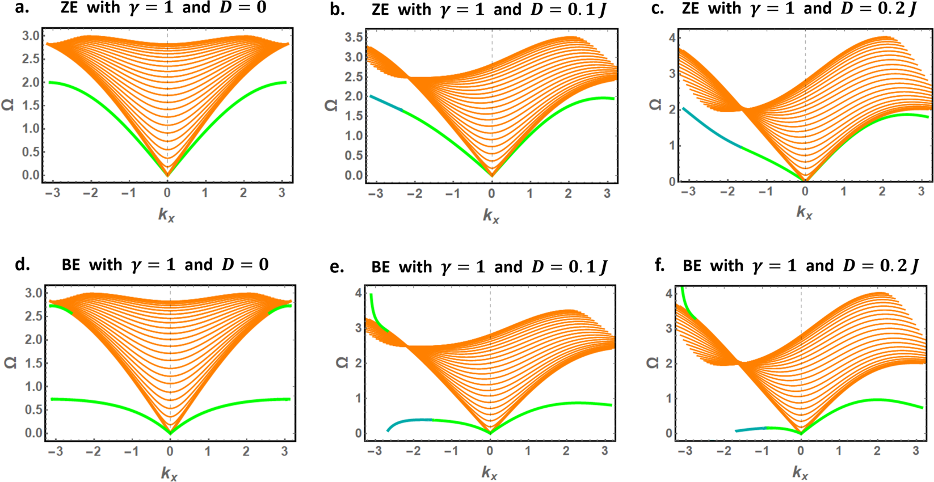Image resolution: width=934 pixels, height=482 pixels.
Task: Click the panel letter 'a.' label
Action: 21,8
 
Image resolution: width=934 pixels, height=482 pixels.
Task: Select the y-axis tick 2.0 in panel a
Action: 31,82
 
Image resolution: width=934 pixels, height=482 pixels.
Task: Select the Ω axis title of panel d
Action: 10,362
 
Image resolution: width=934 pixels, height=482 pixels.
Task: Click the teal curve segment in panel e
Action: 409,421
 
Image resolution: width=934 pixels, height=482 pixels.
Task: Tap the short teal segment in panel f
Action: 750,429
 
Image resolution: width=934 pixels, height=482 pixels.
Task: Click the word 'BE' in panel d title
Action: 70,265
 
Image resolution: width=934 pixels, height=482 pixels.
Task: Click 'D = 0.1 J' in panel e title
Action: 569,267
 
